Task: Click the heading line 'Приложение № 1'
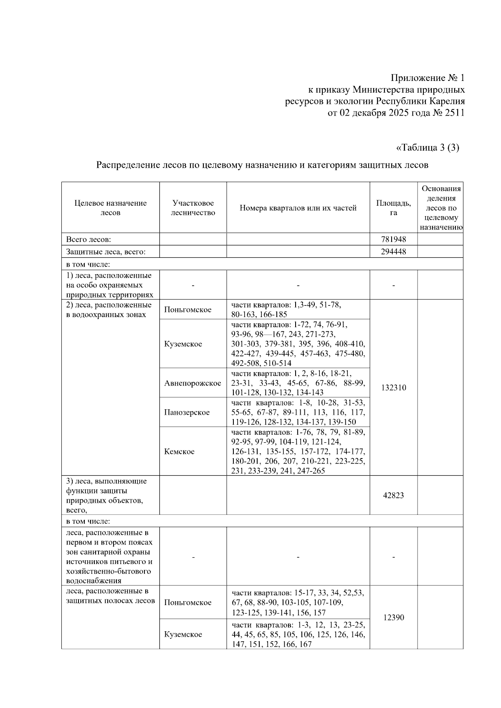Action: pyautogui.click(x=427, y=78)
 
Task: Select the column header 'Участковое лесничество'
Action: pyautogui.click(x=193, y=208)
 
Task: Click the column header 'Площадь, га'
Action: pyautogui.click(x=393, y=208)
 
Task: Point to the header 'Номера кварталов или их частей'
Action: pyautogui.click(x=298, y=208)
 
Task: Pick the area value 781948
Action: pyautogui.click(x=393, y=239)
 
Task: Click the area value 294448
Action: pyautogui.click(x=393, y=252)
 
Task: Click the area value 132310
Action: pyautogui.click(x=393, y=388)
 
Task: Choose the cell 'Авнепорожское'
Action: pyautogui.click(x=192, y=383)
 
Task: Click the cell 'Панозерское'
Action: pyautogui.click(x=187, y=412)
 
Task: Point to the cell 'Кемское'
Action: pyautogui.click(x=179, y=451)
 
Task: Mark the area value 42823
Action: pyautogui.click(x=393, y=496)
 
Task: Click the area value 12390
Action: pyautogui.click(x=393, y=617)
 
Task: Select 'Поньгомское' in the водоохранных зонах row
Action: pyautogui.click(x=187, y=310)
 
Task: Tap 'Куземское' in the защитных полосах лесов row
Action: pyautogui.click(x=183, y=634)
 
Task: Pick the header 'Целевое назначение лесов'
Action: pyautogui.click(x=111, y=208)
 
